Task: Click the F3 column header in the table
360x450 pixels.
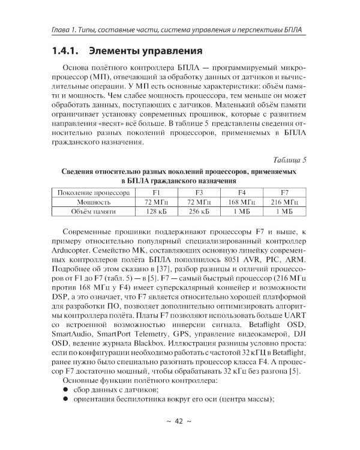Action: [199, 193]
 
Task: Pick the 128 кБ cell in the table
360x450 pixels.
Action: [156, 212]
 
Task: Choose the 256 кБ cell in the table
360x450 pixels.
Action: [199, 212]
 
